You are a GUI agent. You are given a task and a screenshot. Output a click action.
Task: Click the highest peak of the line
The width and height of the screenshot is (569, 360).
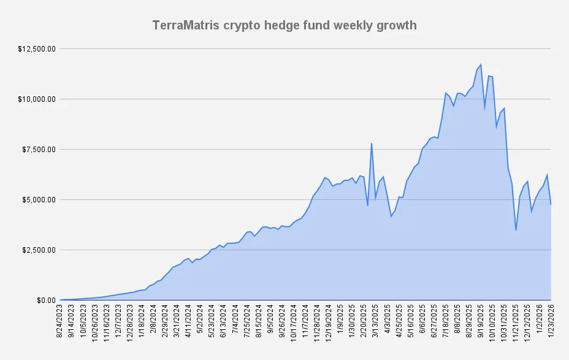(x=481, y=64)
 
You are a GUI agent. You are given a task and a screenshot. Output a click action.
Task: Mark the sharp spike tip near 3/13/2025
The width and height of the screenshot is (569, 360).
(x=372, y=144)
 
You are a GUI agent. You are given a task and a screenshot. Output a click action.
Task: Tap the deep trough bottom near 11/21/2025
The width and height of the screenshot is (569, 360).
(x=516, y=230)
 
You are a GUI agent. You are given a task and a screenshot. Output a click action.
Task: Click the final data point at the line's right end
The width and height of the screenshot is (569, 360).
(x=551, y=204)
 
